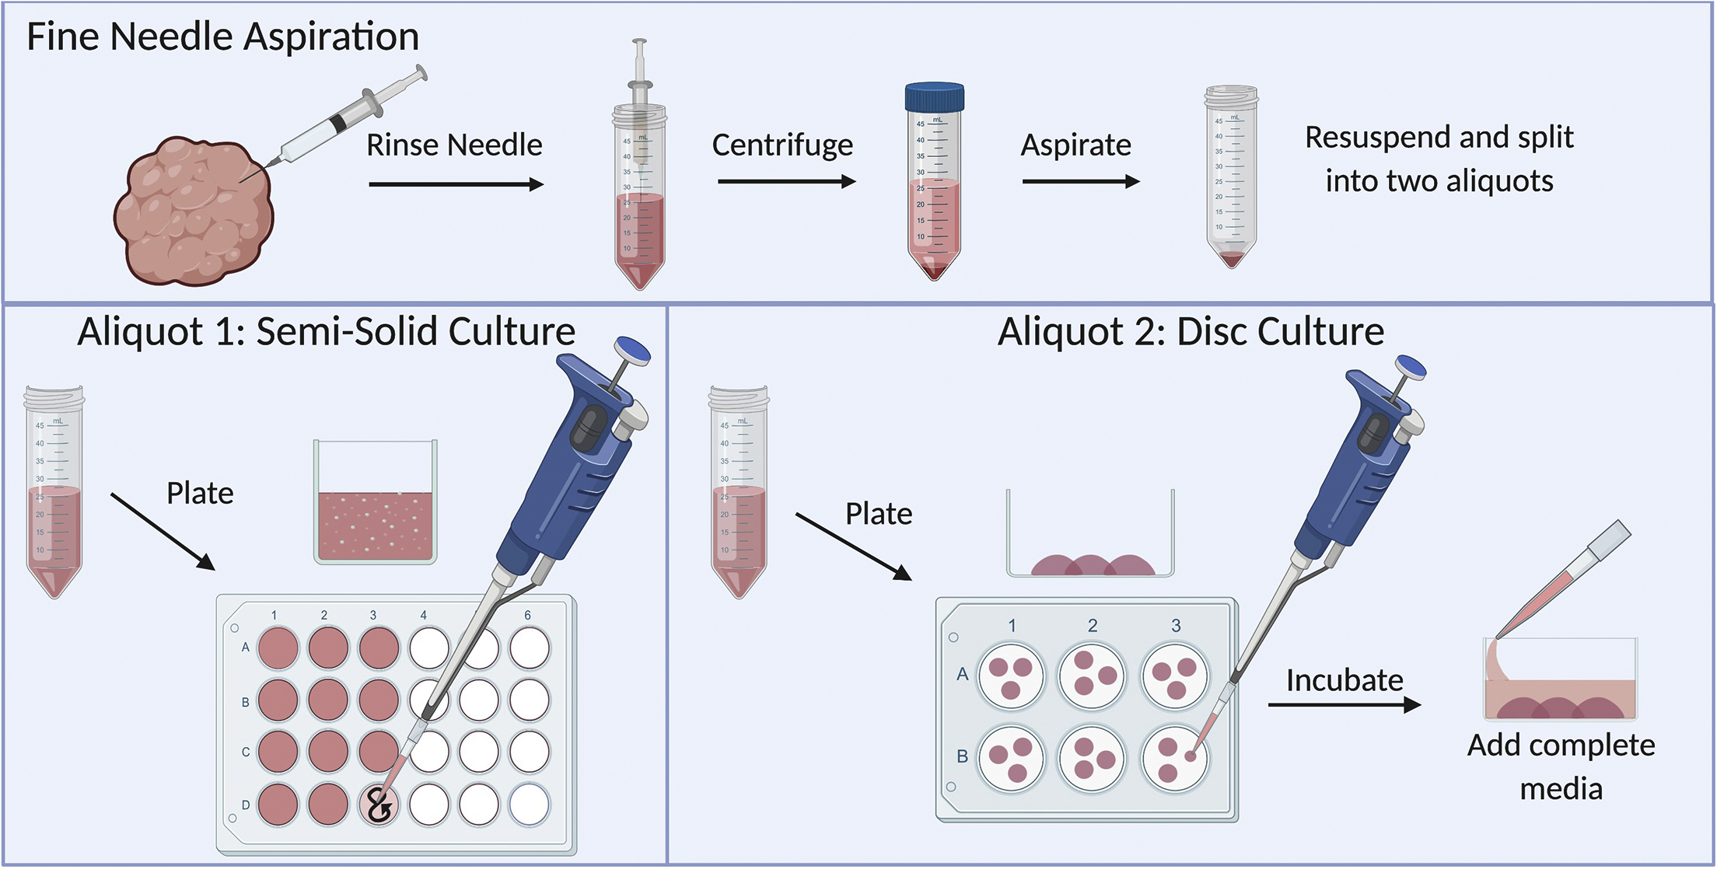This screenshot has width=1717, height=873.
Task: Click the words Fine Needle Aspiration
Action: pyautogui.click(x=222, y=37)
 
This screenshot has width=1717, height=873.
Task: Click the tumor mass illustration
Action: pyautogui.click(x=194, y=211)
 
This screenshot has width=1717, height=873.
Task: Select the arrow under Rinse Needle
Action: pyautogui.click(x=456, y=184)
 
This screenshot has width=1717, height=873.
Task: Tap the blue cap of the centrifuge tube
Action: pyautogui.click(x=934, y=97)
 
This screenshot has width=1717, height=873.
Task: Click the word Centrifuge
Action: pyautogui.click(x=782, y=145)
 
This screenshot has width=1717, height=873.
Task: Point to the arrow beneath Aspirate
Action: pyautogui.click(x=1080, y=182)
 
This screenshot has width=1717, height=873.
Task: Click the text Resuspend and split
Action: pyautogui.click(x=1439, y=138)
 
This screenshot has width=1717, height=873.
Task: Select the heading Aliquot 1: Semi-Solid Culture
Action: pyautogui.click(x=326, y=332)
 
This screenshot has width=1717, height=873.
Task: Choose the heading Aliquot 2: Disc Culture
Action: pyautogui.click(x=1191, y=332)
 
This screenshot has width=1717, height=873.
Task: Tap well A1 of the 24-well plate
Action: pyautogui.click(x=278, y=648)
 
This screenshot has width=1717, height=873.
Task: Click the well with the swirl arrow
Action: pyautogui.click(x=379, y=805)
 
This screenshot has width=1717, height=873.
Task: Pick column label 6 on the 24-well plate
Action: pyautogui.click(x=527, y=615)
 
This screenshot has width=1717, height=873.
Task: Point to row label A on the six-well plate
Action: pyautogui.click(x=963, y=674)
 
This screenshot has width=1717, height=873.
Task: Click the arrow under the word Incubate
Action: pyautogui.click(x=1344, y=705)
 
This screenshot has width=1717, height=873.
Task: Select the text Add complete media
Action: pyautogui.click(x=1561, y=766)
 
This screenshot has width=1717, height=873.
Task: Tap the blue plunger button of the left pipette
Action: pyautogui.click(x=632, y=351)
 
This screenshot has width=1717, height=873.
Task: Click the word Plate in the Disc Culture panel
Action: pyautogui.click(x=879, y=514)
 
